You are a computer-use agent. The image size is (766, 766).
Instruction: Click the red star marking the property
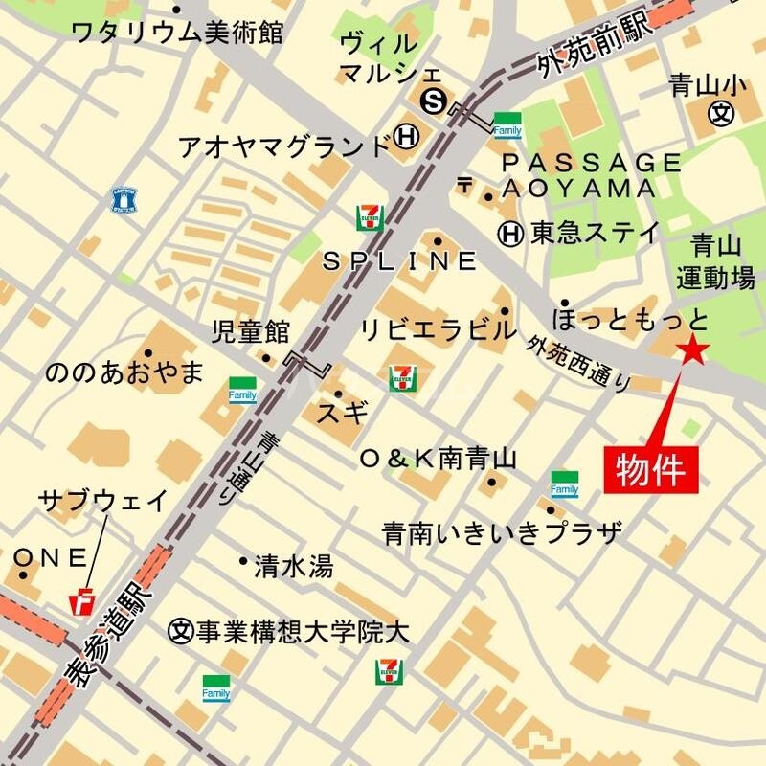692,351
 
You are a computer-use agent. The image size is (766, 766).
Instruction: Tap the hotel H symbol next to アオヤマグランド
407,139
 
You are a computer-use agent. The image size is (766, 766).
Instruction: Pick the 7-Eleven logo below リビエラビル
402,377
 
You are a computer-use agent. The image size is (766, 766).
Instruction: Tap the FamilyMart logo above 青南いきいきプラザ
565,484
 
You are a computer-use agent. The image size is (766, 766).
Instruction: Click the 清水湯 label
293,567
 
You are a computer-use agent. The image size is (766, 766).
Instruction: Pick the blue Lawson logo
125,199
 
